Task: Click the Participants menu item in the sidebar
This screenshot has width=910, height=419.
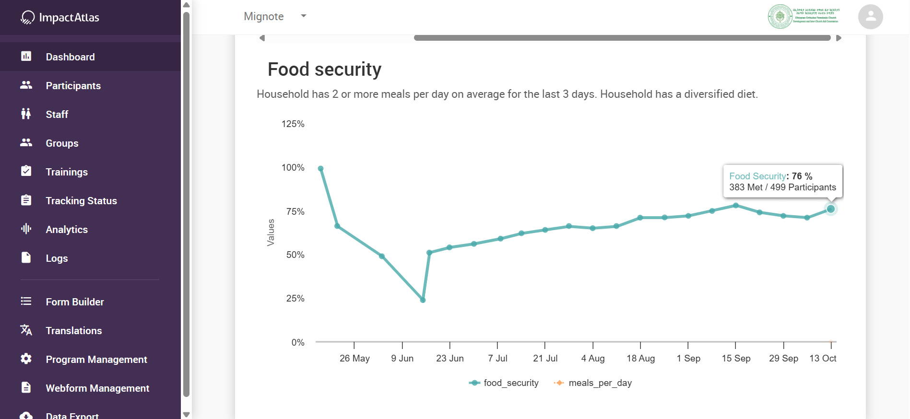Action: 73,86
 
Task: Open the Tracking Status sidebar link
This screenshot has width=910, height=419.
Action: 81,201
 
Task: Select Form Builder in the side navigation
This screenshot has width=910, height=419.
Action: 74,302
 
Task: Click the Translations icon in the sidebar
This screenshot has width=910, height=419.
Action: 26,330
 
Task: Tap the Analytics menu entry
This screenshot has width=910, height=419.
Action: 67,230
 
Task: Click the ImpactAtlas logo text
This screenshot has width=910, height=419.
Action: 69,18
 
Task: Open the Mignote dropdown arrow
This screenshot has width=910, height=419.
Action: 303,16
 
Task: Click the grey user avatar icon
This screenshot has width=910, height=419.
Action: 870,17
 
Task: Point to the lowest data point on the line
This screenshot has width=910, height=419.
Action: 423,300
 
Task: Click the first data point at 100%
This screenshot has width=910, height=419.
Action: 321,169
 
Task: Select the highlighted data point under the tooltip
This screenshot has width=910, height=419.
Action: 831,209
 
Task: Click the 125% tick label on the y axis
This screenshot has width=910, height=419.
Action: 293,124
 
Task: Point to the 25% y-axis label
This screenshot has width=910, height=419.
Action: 295,299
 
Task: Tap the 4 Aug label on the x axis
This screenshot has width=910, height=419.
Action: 593,359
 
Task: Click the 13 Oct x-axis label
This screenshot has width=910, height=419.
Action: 823,359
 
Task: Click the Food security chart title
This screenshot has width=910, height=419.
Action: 324,70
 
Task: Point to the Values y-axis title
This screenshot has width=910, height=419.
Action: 271,233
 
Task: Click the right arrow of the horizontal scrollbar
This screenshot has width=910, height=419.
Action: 839,38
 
